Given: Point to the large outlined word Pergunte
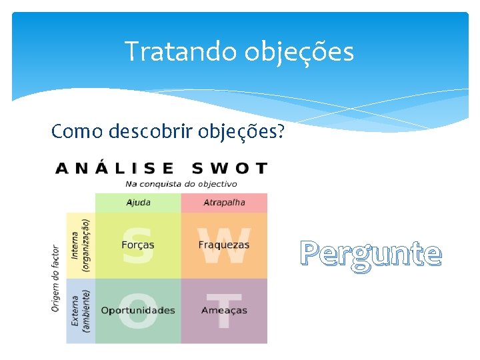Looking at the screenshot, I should click(x=371, y=253).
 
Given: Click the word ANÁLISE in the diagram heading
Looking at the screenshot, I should click(x=114, y=168).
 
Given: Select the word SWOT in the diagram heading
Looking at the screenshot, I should click(x=229, y=168).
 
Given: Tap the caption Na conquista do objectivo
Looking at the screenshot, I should click(x=181, y=184).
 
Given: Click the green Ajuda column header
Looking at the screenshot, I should click(x=138, y=203).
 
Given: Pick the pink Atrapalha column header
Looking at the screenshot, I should click(x=224, y=203).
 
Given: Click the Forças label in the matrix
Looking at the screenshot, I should click(x=138, y=245).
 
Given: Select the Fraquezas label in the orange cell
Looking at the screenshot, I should click(x=224, y=245).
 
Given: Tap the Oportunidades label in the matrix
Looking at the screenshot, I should click(x=138, y=311).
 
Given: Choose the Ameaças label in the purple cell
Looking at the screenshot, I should click(x=224, y=311).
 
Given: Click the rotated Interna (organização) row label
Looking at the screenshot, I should click(x=80, y=245).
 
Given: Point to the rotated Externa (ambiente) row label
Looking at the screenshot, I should click(x=80, y=311).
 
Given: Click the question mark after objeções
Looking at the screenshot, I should click(x=279, y=131).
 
